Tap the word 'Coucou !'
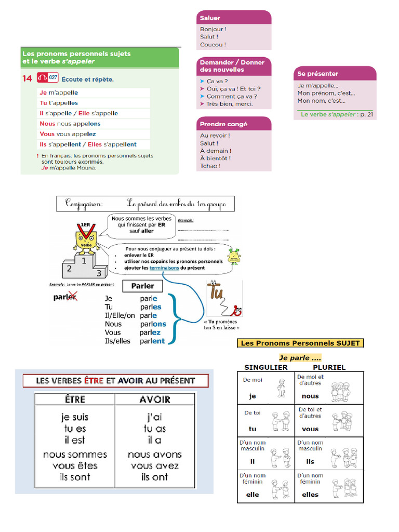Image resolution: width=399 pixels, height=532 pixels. click(213, 45)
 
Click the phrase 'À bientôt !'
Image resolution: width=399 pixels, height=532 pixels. click(216, 158)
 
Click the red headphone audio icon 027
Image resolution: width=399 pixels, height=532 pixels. click(48, 78)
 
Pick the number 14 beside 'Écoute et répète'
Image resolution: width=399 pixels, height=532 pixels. click(27, 79)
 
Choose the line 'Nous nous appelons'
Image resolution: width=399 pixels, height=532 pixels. click(70, 124)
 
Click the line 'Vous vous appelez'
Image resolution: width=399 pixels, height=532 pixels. click(68, 134)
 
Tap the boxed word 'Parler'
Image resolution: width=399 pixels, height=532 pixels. click(142, 286)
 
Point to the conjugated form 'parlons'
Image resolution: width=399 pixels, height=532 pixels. click(153, 324)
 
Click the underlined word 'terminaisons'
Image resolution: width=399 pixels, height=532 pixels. click(164, 268)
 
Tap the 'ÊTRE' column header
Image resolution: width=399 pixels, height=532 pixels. click(74, 400)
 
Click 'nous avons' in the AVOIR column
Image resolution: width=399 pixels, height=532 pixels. click(155, 455)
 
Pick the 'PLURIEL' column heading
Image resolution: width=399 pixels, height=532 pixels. click(329, 367)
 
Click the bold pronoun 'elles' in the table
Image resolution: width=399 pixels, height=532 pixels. click(310, 495)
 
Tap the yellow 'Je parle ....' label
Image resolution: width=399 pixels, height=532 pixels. click(300, 358)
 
